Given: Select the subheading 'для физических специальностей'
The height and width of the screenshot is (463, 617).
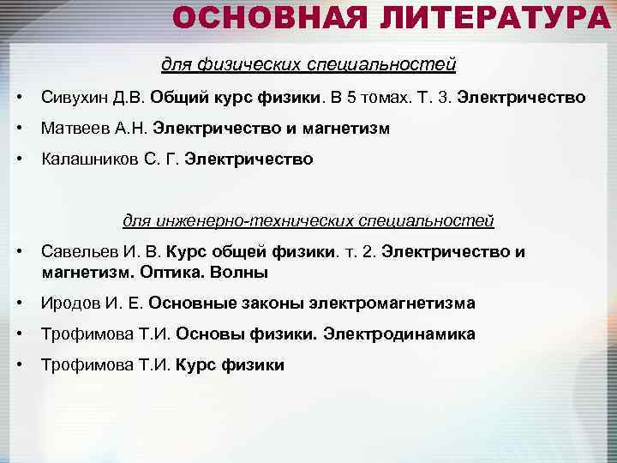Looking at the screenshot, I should (308, 64).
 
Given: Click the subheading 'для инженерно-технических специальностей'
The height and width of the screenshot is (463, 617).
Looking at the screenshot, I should (308, 220).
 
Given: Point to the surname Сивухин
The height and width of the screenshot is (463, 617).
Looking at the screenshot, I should (74, 98).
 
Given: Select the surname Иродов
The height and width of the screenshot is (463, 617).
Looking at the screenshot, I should (69, 304).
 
